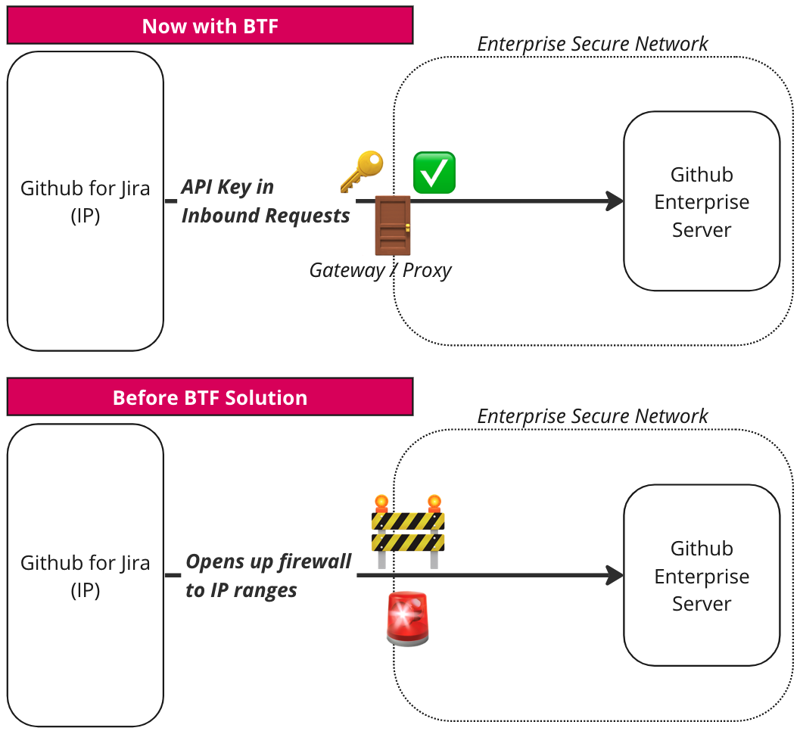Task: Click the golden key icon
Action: [362, 172]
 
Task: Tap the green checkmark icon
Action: [434, 173]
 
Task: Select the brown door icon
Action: [393, 226]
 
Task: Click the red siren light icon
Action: [408, 619]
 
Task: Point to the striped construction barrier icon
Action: [408, 531]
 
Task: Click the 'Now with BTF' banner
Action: [210, 26]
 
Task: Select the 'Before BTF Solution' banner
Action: [210, 397]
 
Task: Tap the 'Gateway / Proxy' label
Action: [381, 270]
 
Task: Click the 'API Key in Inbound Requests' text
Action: [266, 201]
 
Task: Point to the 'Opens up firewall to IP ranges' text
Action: [269, 575]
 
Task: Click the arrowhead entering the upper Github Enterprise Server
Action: [615, 201]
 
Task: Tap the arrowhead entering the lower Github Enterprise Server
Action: [615, 575]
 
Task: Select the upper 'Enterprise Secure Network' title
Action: [593, 44]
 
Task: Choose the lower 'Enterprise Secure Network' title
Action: [593, 416]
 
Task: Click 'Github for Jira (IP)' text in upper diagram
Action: [86, 201]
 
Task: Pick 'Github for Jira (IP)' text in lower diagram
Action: [86, 576]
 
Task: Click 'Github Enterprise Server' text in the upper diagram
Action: [702, 202]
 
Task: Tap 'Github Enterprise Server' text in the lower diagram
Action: [702, 576]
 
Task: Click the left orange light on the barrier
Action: [381, 503]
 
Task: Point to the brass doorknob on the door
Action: [407, 228]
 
